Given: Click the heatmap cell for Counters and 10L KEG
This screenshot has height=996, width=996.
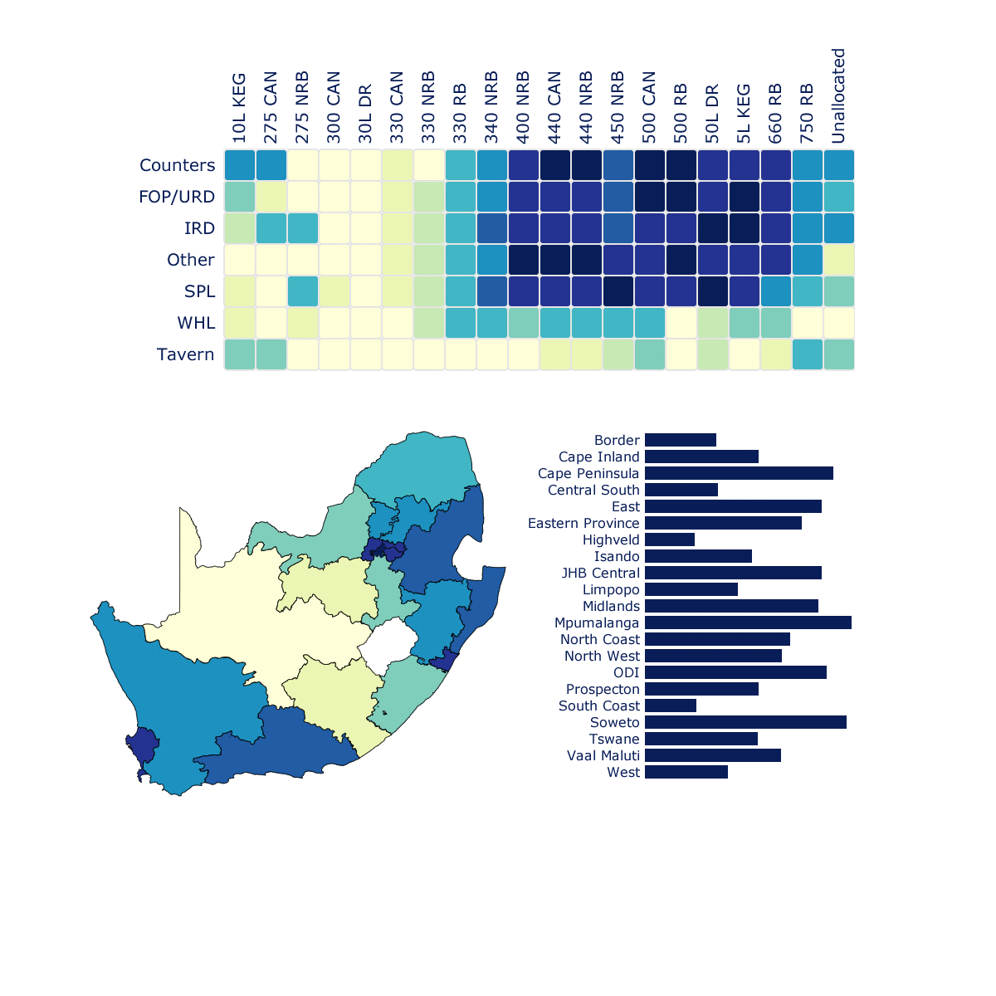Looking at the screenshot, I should coord(239,165).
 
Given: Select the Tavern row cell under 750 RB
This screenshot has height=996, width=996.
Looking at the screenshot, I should coord(808,354).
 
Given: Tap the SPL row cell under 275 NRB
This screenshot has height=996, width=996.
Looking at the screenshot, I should coord(302,291).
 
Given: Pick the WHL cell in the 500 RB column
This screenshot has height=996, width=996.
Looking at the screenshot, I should coord(681,323).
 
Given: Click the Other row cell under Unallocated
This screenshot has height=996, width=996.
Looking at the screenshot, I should coord(839,260).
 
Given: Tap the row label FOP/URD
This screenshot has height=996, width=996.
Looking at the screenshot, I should coord(177,197).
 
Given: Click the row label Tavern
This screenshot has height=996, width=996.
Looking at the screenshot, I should coord(185,354).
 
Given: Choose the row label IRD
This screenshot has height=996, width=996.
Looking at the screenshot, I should coord(199,228).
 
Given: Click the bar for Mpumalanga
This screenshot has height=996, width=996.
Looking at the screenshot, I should coord(748,622).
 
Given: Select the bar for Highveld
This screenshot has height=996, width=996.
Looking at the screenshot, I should coord(670,539).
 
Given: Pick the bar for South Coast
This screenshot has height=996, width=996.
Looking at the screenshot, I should coord(671,705).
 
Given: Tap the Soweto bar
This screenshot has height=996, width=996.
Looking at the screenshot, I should coord(745,722).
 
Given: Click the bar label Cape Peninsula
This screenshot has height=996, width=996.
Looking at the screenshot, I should coord(588,473).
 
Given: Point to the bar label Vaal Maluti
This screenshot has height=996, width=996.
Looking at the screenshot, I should coord(603,755).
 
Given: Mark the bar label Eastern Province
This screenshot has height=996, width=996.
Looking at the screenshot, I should coord(583,523).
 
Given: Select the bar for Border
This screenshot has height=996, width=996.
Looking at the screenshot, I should coord(681,440).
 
